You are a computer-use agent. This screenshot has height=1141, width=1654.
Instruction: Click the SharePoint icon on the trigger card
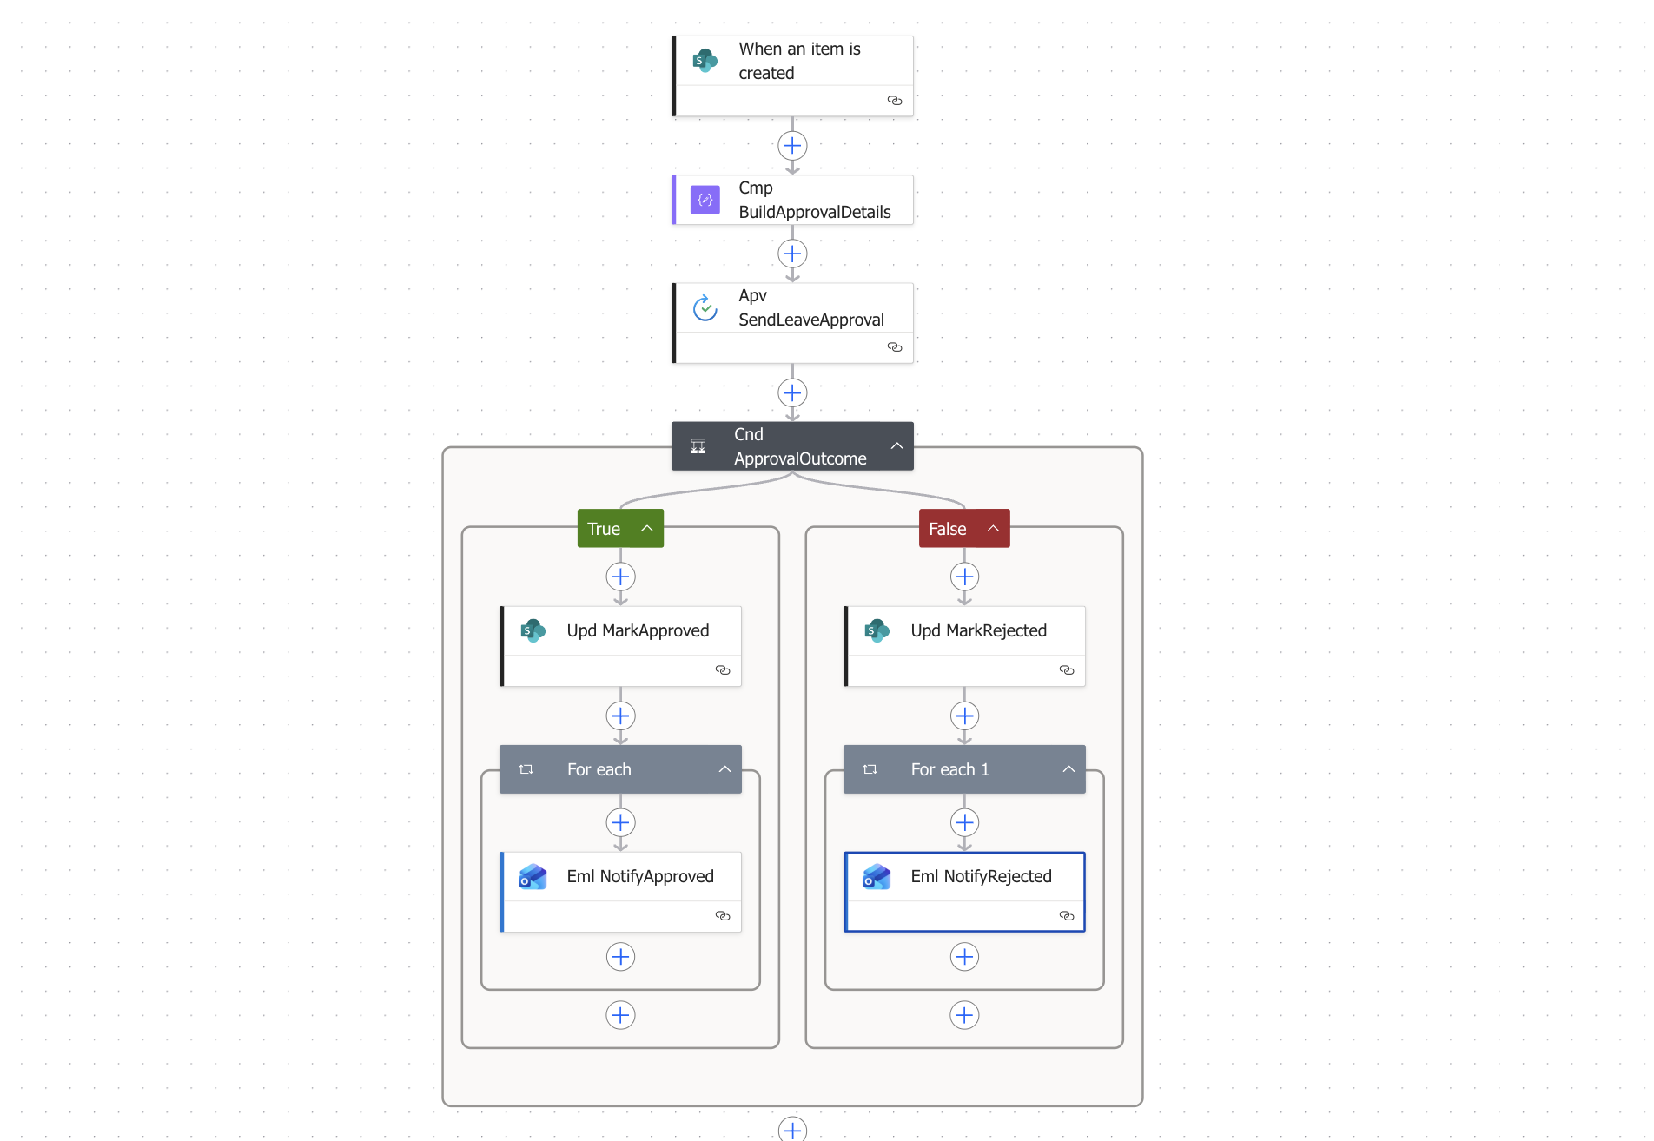(x=705, y=61)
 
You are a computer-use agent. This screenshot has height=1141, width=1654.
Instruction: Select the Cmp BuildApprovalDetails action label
(x=814, y=200)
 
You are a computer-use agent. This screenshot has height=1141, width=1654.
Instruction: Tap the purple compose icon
(x=705, y=200)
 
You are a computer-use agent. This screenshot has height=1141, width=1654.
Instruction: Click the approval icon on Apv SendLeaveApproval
(x=705, y=307)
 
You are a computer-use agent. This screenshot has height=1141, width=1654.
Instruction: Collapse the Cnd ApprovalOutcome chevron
(x=896, y=445)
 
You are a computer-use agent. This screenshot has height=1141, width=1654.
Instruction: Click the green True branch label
(x=604, y=529)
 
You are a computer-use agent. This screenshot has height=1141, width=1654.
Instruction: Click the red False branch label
(x=947, y=529)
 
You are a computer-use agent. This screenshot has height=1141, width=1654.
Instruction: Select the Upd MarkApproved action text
(x=638, y=630)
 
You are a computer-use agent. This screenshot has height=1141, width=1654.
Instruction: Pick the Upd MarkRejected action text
(x=978, y=630)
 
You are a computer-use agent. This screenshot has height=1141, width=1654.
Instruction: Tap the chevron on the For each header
(x=724, y=769)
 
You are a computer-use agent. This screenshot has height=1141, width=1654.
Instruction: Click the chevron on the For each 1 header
(x=1068, y=769)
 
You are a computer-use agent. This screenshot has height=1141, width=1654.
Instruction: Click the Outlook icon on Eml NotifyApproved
(x=533, y=877)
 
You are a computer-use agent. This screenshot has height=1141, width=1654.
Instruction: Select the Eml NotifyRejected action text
(x=981, y=876)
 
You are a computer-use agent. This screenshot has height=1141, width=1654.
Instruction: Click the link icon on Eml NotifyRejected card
(x=1067, y=916)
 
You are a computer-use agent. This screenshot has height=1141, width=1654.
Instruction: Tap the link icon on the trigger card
(x=895, y=101)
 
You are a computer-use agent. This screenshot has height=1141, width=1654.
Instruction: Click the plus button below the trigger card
(x=792, y=146)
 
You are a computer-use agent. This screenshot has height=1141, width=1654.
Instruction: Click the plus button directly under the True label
(x=620, y=577)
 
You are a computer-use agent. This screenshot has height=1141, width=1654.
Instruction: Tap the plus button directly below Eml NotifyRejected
(x=964, y=957)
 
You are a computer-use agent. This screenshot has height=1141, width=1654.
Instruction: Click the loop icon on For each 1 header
(x=870, y=769)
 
